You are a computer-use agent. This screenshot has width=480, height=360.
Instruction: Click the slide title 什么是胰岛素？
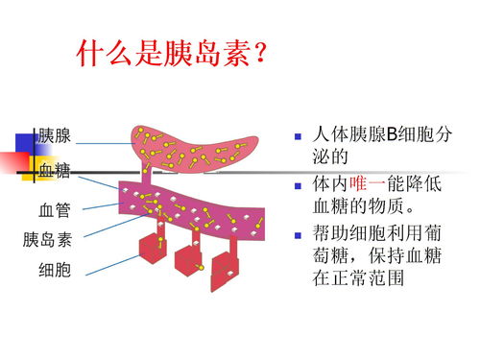tap(172, 56)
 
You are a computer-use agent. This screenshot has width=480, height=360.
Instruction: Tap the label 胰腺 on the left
tap(54, 136)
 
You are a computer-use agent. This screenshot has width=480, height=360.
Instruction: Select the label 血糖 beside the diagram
tap(54, 171)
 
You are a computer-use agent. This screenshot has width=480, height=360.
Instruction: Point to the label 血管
tap(54, 207)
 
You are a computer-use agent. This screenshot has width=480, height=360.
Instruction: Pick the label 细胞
tap(54, 271)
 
